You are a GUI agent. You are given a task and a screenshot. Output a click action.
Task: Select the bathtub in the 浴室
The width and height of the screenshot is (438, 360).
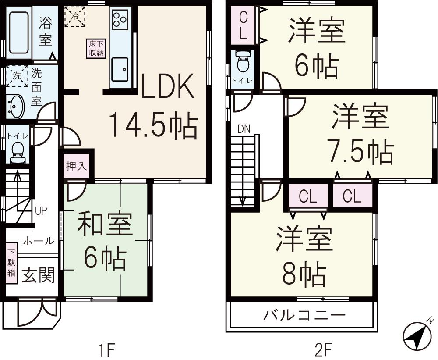pyautogui.click(x=18, y=32)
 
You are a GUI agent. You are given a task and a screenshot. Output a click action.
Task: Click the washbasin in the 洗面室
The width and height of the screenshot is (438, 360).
pyautogui.click(x=16, y=107)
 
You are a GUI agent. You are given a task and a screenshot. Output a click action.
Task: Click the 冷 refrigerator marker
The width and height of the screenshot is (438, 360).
pyautogui.click(x=74, y=17)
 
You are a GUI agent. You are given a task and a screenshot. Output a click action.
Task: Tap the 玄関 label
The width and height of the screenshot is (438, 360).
pyautogui.click(x=39, y=275)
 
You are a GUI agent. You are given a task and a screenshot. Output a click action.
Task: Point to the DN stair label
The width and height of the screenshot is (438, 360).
pyautogui.click(x=244, y=129)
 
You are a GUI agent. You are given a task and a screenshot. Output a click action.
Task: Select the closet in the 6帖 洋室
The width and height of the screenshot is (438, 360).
pyautogui.click(x=244, y=26)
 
